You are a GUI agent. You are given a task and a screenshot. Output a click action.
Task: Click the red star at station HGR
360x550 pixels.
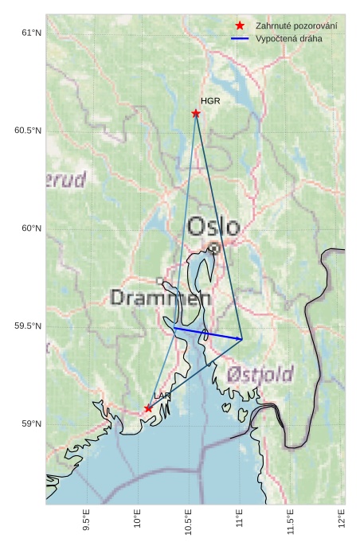click(x=196, y=113)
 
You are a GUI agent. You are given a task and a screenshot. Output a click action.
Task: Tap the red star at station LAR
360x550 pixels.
click(x=148, y=408)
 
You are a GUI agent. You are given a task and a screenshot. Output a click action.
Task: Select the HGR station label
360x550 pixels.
click(x=210, y=102)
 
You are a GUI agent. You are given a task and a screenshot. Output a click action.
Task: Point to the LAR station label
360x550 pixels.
click(x=162, y=396)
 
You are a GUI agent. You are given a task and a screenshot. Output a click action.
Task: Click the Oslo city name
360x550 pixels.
click(x=213, y=227)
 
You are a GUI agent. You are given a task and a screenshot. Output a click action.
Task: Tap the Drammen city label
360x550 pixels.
click(x=161, y=298)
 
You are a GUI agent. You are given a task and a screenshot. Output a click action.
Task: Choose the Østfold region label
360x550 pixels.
click(x=260, y=374)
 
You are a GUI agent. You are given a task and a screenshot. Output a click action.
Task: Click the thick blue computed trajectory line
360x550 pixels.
click(x=207, y=334)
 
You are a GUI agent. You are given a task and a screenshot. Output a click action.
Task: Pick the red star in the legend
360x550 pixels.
click(x=240, y=26)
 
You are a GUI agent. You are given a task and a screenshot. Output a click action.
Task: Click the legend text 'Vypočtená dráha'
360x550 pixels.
click(x=288, y=38)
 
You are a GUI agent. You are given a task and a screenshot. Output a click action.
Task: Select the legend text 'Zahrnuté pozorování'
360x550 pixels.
click(x=295, y=26)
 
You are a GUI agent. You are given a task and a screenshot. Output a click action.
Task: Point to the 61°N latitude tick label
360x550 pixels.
click(x=30, y=33)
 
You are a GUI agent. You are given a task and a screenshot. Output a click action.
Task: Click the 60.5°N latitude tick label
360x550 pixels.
click(x=27, y=131)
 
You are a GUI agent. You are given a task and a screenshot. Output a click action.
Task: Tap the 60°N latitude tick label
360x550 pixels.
click(x=30, y=228)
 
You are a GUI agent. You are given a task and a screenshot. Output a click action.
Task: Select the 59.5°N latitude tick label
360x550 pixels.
click(x=27, y=326)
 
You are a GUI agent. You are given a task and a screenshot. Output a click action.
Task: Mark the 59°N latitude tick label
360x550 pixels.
click(x=30, y=424)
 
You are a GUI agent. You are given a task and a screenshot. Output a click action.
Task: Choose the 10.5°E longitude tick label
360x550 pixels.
click(x=189, y=522)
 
